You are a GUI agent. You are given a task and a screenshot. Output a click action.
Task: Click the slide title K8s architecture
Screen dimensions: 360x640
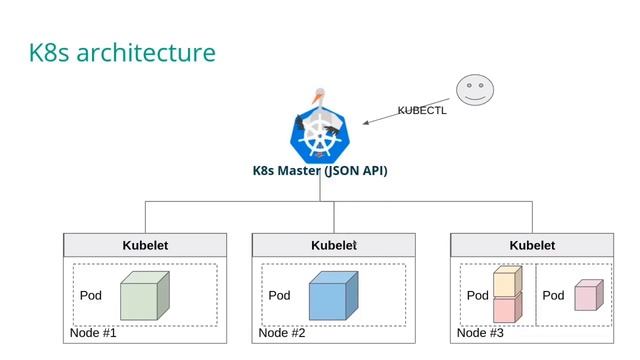click(x=122, y=52)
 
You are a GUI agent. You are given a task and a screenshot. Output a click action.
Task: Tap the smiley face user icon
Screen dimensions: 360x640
click(x=476, y=90)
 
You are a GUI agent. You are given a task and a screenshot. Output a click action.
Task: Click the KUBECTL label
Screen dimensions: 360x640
click(x=422, y=111)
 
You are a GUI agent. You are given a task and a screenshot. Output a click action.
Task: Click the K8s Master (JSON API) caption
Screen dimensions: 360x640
click(x=320, y=170)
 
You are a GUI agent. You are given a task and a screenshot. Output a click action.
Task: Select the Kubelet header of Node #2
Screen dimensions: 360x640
click(x=334, y=245)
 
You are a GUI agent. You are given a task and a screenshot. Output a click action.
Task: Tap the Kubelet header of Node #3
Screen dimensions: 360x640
click(x=532, y=245)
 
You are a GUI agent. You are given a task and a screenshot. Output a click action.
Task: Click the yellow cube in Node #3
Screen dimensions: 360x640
click(x=507, y=281)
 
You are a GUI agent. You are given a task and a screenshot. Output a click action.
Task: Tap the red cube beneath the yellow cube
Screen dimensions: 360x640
click(x=507, y=308)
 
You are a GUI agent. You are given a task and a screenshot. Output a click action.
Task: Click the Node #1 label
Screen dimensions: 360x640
click(x=93, y=333)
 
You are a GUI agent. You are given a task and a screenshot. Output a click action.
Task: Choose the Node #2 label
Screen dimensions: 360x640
click(x=282, y=333)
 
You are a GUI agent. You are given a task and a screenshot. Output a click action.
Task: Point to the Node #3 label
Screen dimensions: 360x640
click(x=481, y=333)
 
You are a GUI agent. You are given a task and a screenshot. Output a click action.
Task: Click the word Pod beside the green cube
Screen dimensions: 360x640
click(x=91, y=296)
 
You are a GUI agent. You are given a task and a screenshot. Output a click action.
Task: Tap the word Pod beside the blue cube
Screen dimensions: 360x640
click(x=279, y=296)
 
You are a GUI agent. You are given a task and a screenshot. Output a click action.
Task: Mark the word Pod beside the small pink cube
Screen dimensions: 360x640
click(x=553, y=296)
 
